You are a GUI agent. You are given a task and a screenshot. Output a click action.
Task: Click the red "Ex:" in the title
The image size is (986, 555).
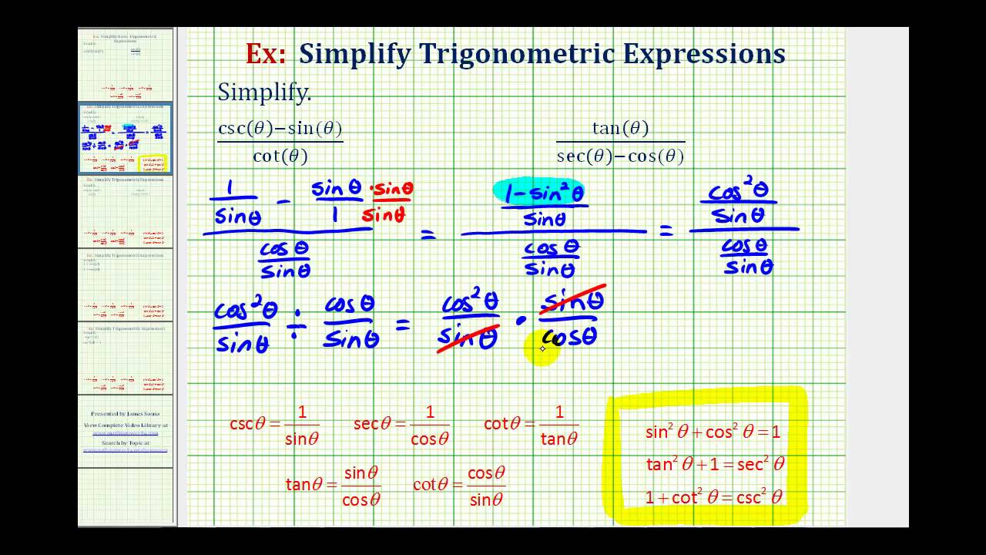(265, 54)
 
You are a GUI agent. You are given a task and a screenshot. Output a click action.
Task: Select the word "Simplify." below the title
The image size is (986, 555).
(264, 92)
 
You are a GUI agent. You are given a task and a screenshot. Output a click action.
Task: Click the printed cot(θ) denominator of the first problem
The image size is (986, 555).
(280, 156)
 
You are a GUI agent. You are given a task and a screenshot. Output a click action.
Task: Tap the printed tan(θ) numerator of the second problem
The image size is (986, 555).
(620, 128)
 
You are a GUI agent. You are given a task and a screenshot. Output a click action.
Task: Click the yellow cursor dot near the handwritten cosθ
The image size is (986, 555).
(542, 348)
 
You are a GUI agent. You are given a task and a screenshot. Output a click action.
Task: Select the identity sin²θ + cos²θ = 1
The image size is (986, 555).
(713, 432)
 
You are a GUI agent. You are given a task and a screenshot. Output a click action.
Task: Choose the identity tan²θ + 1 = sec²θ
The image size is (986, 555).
(715, 464)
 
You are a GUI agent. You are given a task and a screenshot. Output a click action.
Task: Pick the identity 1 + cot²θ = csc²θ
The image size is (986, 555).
(713, 497)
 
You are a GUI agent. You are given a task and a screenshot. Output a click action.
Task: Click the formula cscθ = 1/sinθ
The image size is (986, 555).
(275, 425)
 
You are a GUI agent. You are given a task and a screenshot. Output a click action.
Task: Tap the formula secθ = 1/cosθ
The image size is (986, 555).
(401, 425)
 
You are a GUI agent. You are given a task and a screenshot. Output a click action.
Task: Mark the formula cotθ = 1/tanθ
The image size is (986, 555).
(531, 425)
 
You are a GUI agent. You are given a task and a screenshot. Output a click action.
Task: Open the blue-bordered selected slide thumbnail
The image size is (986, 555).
(125, 139)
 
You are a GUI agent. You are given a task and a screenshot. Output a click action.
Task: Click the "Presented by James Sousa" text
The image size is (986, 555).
(126, 414)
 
